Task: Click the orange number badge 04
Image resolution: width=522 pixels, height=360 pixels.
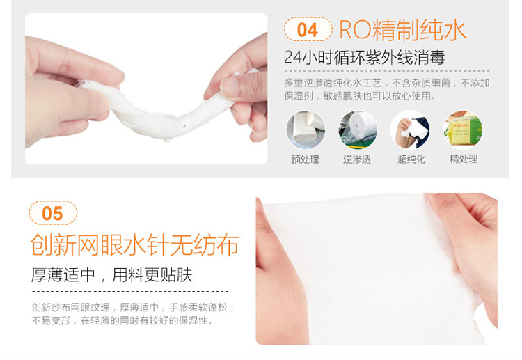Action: (x=308, y=29)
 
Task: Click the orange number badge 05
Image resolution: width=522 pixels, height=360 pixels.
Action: (x=53, y=213)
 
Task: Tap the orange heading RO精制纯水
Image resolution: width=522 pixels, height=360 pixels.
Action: (x=402, y=30)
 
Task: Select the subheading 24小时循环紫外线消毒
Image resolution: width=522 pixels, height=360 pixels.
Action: (x=365, y=57)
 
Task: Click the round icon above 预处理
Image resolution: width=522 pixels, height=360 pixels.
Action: (x=306, y=130)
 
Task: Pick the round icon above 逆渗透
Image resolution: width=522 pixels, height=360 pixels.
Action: (x=358, y=130)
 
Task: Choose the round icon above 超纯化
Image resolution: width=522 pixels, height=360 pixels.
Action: (x=410, y=130)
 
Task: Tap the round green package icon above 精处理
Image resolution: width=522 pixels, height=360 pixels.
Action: (x=463, y=130)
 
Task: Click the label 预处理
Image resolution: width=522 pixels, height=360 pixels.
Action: (x=306, y=159)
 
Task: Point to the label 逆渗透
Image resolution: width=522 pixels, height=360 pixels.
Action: (x=357, y=159)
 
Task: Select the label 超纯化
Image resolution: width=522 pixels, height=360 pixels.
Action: (x=411, y=159)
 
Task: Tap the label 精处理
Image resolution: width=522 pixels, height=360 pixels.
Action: (x=464, y=159)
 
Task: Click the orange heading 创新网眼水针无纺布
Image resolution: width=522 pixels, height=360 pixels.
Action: (x=135, y=245)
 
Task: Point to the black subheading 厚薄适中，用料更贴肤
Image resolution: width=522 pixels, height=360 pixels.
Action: (x=112, y=275)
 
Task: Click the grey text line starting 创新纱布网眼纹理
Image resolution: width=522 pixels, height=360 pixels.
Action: (x=133, y=307)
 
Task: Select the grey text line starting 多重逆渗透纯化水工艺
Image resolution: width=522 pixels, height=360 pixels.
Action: (x=387, y=83)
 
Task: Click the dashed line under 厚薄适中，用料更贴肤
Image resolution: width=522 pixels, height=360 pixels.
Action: (x=130, y=291)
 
